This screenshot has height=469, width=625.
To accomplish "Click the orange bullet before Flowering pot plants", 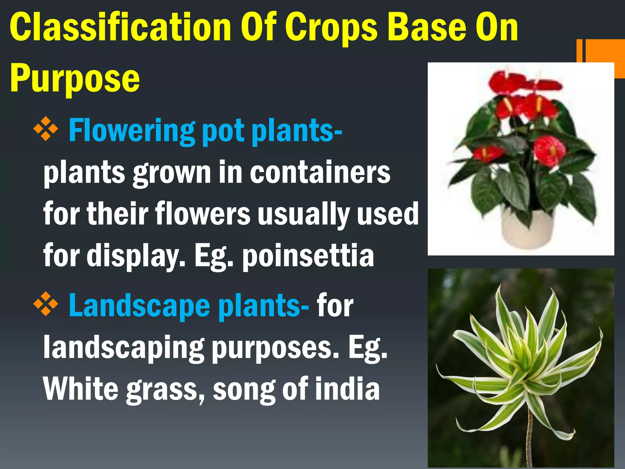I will (46, 129).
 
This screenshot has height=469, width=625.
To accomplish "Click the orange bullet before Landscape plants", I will (46, 304).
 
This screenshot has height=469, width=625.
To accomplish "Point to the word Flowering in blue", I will (131, 131).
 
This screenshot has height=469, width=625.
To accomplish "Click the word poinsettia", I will (308, 256).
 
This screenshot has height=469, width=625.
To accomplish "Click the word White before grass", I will (81, 388).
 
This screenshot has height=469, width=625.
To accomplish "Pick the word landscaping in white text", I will (124, 348).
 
